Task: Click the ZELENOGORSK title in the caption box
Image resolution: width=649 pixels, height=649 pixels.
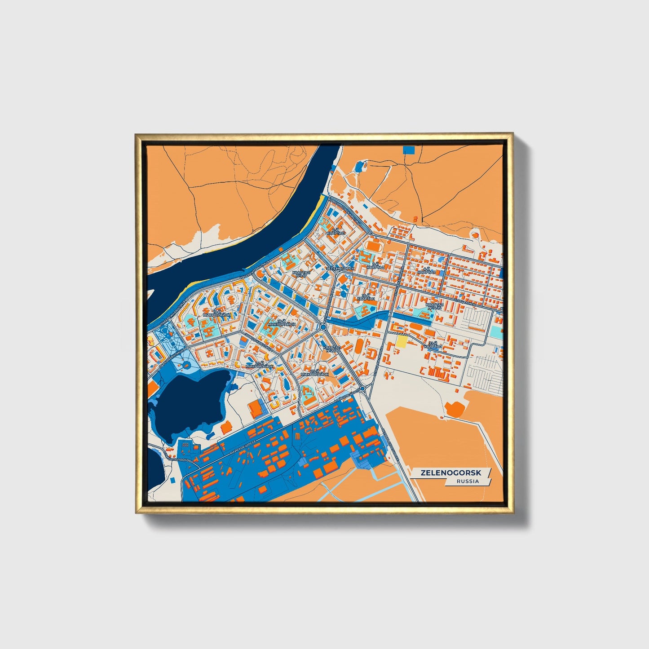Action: click(451, 473)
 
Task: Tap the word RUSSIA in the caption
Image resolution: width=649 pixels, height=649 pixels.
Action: click(468, 481)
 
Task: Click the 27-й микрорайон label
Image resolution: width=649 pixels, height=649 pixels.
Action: click(259, 365)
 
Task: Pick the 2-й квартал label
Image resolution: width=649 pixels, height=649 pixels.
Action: click(336, 232)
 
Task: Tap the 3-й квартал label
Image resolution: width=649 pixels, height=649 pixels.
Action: click(375, 265)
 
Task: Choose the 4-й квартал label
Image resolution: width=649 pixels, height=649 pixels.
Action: click(426, 270)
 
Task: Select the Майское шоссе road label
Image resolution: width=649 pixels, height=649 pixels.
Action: click(243, 446)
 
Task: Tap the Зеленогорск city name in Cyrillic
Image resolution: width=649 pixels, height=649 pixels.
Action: click(340, 269)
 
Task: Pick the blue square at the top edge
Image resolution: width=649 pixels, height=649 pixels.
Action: click(409, 150)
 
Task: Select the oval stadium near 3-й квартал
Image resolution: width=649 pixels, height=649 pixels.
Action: click(373, 246)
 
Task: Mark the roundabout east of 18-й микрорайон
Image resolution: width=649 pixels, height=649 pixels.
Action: click(323, 327)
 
